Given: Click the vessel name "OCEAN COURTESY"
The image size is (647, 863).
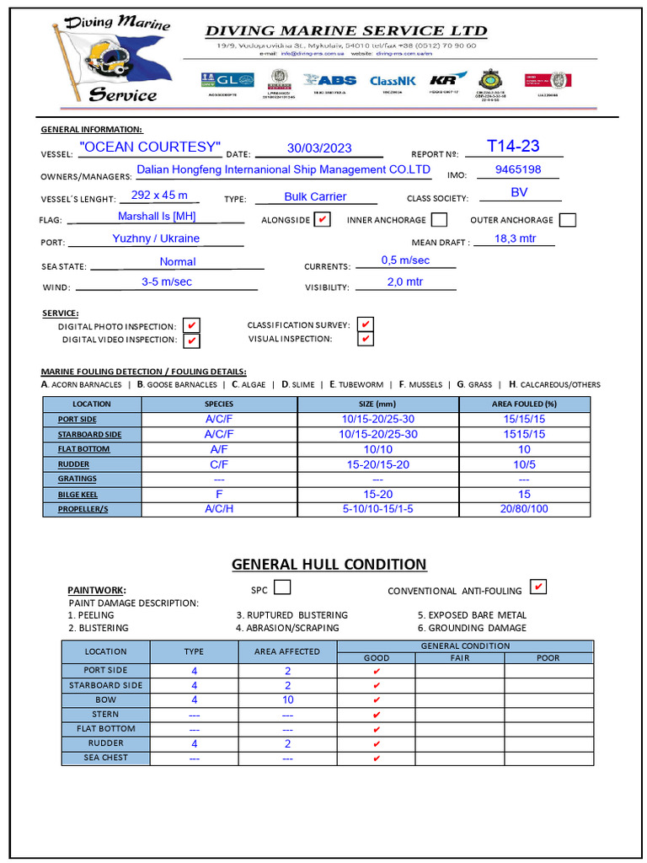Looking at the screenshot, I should point(149,147).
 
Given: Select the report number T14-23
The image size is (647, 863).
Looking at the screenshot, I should point(513,146).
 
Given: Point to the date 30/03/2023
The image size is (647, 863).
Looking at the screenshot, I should point(318,148).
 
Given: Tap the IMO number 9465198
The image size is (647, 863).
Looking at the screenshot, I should point(518,169).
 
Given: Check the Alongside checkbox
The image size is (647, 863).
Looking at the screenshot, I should point(322,220).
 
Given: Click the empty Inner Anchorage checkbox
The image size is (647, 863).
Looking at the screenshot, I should point(439,220).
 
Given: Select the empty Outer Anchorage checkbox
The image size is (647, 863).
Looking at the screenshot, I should point(568,220).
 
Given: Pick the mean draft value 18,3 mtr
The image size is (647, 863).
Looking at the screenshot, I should point(515,239).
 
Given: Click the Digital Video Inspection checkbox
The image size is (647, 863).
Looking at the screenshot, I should point(192,340).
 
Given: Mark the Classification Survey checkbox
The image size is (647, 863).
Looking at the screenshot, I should point(365,325).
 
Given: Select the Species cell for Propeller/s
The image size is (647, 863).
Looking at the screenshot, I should point(219,509).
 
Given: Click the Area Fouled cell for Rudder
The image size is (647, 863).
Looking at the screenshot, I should point(524,464).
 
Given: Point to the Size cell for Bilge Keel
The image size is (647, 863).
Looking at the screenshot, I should point(377,495).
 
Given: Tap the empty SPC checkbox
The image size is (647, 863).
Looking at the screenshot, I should point(283,587).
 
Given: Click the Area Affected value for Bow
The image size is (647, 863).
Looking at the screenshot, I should point(287,700).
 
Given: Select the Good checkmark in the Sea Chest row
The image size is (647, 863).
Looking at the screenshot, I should point(376,758).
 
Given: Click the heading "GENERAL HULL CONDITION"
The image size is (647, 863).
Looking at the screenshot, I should point(329,565).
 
